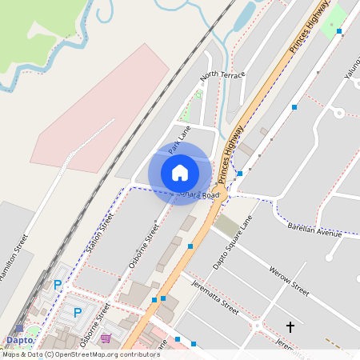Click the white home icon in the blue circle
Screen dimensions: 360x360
pos(180,172)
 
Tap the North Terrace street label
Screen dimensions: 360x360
pos(222,75)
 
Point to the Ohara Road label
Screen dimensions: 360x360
pos(199,194)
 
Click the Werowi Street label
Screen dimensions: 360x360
pos(289,280)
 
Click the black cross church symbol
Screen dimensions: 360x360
pos(290,327)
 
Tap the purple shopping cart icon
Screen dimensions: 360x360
pos(106,338)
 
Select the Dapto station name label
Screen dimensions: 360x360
pos(20,339)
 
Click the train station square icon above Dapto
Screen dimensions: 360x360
pos(19,328)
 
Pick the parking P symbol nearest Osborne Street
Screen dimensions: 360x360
pos(78,312)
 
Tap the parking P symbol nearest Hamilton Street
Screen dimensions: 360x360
pos(57,285)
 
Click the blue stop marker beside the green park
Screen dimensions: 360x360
pos(339,31)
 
